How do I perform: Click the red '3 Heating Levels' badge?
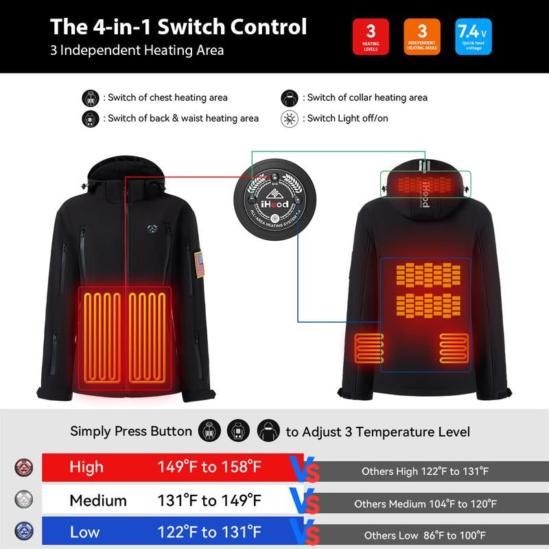[371, 36]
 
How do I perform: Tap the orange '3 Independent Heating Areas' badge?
[422, 36]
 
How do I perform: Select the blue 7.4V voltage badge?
[473, 36]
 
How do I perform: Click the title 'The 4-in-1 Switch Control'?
[178, 27]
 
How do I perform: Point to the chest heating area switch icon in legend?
[91, 97]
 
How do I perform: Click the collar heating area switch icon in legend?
[290, 97]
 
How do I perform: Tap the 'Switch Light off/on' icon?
[290, 118]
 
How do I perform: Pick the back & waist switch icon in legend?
[91, 118]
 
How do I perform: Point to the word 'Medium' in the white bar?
[98, 500]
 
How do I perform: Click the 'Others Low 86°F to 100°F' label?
[425, 535]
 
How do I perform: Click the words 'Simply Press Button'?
[131, 432]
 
